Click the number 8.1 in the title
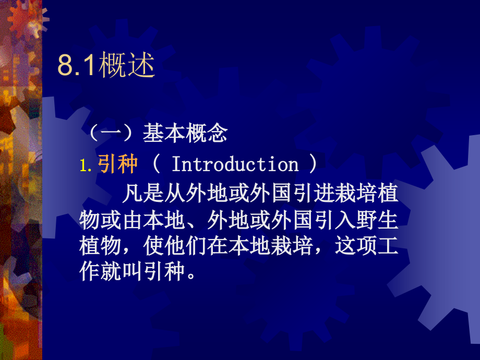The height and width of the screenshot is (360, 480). point(76,67)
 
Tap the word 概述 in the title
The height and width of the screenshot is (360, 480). point(126,67)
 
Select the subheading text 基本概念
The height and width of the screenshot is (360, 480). point(185,134)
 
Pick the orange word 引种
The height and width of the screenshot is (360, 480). point(117,165)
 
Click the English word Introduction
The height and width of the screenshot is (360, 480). point(235,165)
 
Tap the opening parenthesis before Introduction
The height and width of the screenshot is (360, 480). point(156,165)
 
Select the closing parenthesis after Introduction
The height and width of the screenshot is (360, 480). point(313,165)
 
